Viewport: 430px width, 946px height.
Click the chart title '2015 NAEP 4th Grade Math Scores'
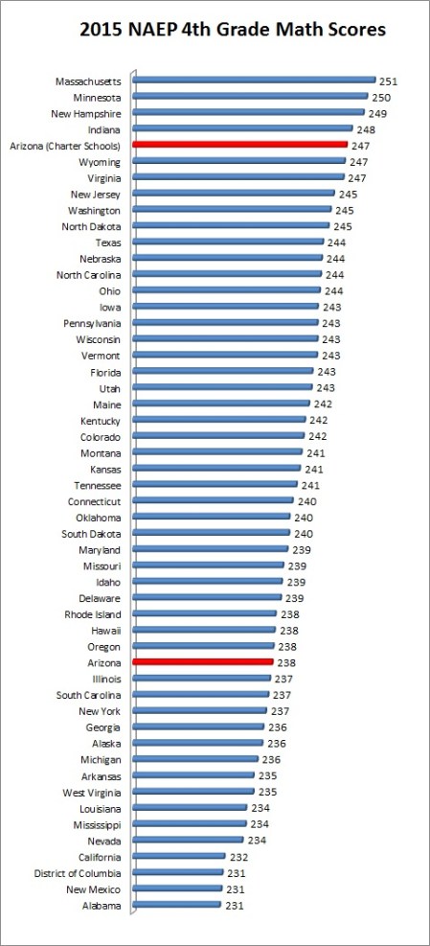220,31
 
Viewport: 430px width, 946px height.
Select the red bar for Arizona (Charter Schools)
239,145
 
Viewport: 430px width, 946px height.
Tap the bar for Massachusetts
254,81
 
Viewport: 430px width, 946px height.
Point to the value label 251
388,81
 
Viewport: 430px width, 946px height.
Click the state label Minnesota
97,98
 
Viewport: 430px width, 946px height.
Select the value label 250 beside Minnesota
381,98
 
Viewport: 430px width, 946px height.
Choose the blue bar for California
179,856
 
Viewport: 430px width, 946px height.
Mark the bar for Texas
228,242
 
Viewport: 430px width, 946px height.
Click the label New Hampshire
85,113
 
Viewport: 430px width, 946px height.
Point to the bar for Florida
223,371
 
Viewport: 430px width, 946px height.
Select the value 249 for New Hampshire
377,113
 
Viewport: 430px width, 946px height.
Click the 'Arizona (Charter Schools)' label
64,146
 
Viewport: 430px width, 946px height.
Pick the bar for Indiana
244,128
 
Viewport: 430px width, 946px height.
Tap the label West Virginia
91,792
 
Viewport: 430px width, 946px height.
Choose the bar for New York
200,710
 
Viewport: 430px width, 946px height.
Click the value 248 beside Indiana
366,129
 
